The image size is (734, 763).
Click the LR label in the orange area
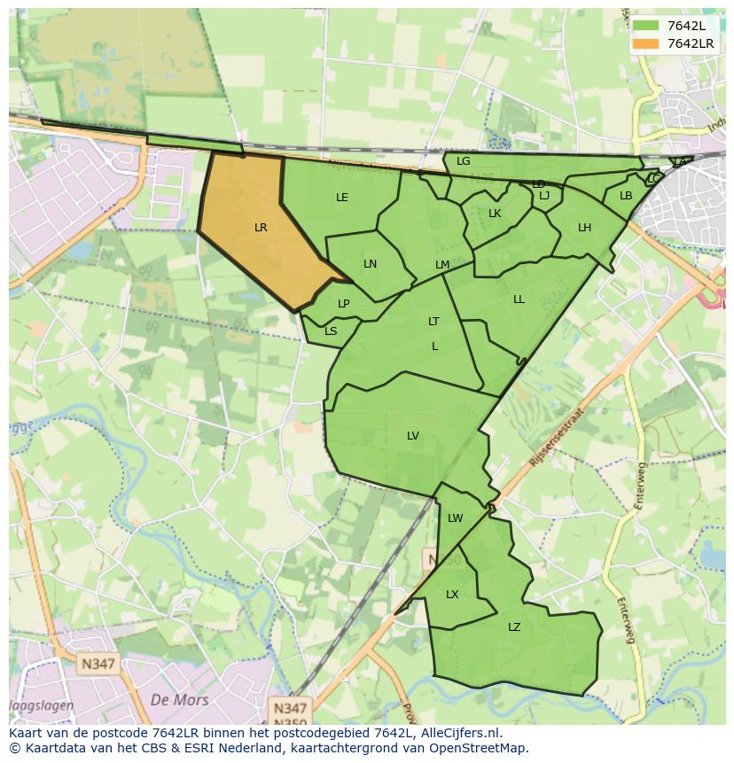coord(261,228)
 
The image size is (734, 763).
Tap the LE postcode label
coord(342,198)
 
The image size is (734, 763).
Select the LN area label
coord(370,264)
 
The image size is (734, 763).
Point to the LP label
coord(343,304)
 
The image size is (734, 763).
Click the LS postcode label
coord(331,331)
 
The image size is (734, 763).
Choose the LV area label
coord(412,435)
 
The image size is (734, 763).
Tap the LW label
coord(455,518)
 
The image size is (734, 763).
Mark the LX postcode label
coord(452,595)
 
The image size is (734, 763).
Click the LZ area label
coord(514,627)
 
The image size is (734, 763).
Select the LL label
coord(519,300)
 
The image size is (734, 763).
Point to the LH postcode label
coord(584,228)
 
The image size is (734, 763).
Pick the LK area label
coord(495,214)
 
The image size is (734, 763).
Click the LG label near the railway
coord(463,161)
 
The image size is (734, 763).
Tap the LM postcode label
coord(442,265)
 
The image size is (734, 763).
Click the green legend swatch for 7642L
coord(646,26)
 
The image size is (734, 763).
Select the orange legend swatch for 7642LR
coord(646,43)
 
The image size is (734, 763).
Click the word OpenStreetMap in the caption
coord(480,748)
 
